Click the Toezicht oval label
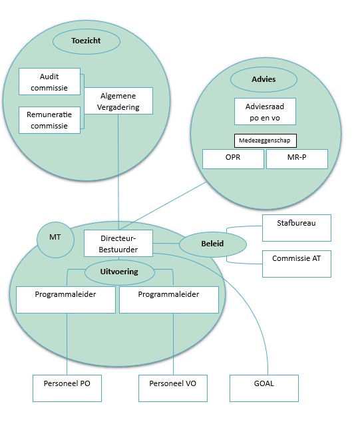[85, 41]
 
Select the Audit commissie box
[49, 81]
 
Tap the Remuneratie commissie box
[50, 120]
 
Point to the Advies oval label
[264, 79]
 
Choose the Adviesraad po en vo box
[265, 111]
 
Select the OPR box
[233, 159]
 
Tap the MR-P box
[297, 159]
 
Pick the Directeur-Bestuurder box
[118, 242]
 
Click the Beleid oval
[213, 244]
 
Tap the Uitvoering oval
[120, 272]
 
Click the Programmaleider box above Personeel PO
[66, 300]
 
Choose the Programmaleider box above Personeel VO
[168, 300]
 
